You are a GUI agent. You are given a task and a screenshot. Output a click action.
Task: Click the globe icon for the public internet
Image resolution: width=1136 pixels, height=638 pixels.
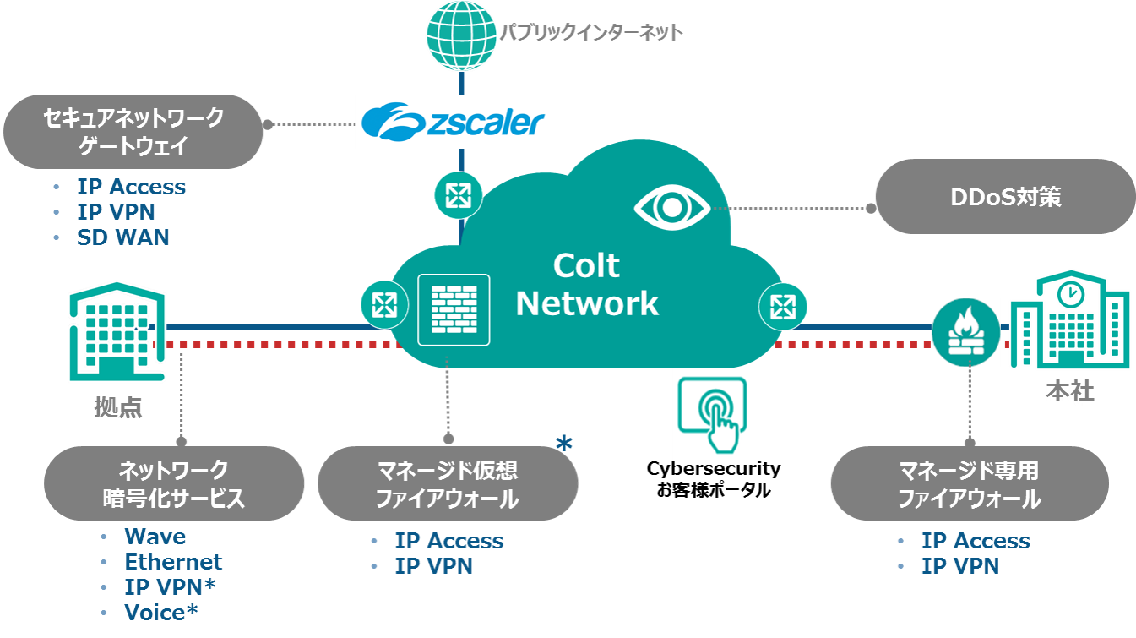461,35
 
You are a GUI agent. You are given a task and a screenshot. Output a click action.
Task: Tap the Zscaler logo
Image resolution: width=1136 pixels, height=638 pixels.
451,122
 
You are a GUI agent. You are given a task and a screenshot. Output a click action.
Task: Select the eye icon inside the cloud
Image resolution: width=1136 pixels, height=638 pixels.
671,206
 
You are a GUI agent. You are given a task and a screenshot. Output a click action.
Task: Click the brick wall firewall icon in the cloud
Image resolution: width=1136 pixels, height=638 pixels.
454,309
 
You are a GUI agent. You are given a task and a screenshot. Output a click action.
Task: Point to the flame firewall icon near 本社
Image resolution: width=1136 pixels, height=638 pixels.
965,332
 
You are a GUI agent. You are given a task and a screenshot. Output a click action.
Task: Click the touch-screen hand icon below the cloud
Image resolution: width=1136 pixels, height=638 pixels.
712,414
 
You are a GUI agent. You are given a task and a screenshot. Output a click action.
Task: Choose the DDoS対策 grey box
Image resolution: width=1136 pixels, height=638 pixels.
1004,198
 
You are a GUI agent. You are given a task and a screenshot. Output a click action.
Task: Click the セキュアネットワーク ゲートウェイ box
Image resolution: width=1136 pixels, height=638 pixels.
133,131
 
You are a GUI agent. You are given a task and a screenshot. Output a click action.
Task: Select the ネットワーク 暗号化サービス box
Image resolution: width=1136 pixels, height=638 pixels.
173,483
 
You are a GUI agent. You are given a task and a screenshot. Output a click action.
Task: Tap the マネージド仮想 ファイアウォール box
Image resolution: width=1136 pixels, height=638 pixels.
447,483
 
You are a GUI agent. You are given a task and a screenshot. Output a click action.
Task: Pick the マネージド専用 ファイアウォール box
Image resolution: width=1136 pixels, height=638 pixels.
968,483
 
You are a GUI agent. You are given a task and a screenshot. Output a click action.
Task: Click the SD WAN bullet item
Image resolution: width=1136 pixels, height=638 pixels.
123,238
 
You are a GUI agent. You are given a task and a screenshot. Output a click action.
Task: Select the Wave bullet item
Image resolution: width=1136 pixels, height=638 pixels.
155,537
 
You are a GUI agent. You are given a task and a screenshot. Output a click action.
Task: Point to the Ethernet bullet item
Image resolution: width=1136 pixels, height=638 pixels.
173,562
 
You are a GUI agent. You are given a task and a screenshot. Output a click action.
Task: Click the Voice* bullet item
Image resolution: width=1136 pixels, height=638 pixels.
161,613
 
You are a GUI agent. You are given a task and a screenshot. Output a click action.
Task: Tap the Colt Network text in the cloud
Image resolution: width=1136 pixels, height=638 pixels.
587,285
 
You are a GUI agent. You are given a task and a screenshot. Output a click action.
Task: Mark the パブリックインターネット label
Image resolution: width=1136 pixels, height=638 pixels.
590,34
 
